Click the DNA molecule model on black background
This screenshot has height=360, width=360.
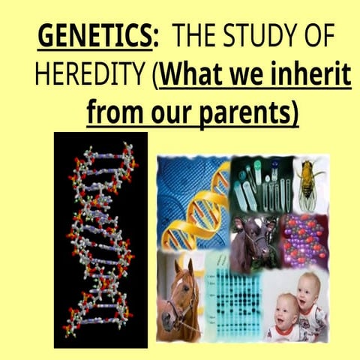(x=97, y=240)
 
